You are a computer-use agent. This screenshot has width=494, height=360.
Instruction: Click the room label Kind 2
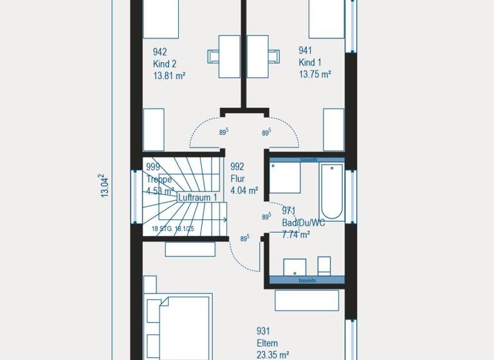165,64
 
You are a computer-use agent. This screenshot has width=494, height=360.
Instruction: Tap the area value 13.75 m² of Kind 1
315,75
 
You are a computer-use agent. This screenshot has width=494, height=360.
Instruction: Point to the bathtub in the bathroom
333,191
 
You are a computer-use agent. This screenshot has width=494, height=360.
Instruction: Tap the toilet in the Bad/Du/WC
324,265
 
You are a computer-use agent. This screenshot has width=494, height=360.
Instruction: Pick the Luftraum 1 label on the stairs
198,198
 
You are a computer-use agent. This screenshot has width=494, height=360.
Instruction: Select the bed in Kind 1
327,19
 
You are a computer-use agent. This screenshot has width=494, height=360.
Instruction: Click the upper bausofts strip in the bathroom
306,159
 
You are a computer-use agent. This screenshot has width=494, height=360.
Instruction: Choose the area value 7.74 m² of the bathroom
296,235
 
